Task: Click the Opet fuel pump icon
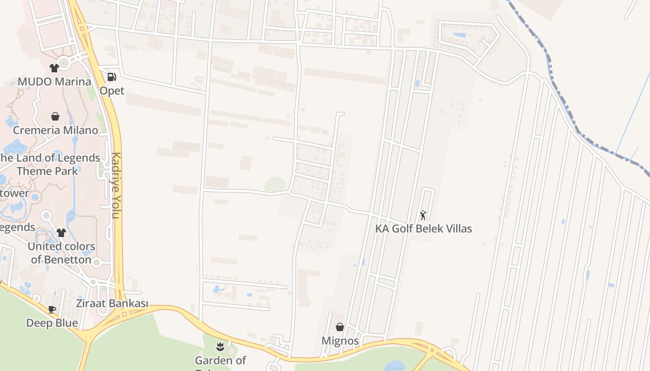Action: pyautogui.click(x=111, y=77)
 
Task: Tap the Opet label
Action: pyautogui.click(x=112, y=90)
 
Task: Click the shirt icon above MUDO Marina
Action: pyautogui.click(x=54, y=68)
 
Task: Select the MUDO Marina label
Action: pyautogui.click(x=54, y=82)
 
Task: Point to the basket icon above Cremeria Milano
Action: pyautogui.click(x=55, y=116)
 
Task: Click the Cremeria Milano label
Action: pyautogui.click(x=55, y=130)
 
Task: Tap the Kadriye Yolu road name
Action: pyautogui.click(x=116, y=185)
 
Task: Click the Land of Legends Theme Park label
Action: pyautogui.click(x=48, y=164)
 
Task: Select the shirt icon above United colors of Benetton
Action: pyautogui.click(x=61, y=232)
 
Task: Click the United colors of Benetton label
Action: pyautogui.click(x=61, y=253)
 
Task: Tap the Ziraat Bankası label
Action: pyautogui.click(x=112, y=303)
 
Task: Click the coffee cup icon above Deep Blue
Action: pyautogui.click(x=52, y=309)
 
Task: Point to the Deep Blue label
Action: pyautogui.click(x=52, y=323)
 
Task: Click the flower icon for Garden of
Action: pyautogui.click(x=220, y=346)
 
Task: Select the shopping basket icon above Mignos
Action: pyautogui.click(x=340, y=327)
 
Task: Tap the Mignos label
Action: pyautogui.click(x=340, y=341)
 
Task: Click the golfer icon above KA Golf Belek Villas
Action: pyautogui.click(x=423, y=215)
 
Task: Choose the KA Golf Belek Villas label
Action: pyautogui.click(x=423, y=229)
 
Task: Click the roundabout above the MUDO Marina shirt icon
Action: pyautogui.click(x=64, y=62)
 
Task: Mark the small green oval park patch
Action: pyautogui.click(x=275, y=184)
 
